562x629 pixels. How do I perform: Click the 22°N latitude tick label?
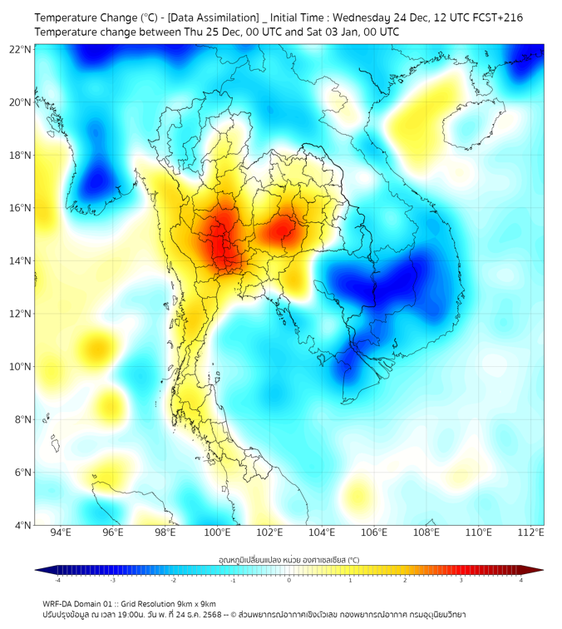click(20, 49)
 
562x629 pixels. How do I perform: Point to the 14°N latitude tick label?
click(20, 260)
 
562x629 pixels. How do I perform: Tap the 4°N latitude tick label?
click(22, 525)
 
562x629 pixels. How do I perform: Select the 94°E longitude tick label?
click(61, 533)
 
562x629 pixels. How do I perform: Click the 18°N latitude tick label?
click(20, 155)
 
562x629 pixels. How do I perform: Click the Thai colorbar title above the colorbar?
click(288, 560)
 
